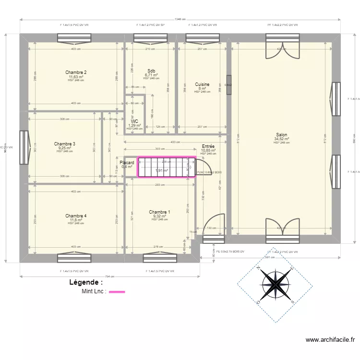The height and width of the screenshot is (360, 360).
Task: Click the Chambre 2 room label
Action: [76, 72]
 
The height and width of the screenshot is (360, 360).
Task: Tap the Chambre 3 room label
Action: [64, 144]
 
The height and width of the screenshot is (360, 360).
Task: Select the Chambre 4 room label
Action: [76, 216]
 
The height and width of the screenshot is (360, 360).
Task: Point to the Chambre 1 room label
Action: [159, 212]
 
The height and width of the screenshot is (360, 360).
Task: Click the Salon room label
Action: [282, 135]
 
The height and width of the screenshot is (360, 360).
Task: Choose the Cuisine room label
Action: [202, 84]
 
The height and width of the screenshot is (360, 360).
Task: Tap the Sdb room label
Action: [151, 71]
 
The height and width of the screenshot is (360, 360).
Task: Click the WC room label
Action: [134, 121]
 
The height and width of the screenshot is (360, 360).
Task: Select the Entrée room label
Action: [208, 146]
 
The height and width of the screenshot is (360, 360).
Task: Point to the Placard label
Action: [127, 163]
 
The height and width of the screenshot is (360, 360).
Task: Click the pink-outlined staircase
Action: [167, 168]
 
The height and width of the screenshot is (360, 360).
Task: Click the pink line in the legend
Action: [117, 291]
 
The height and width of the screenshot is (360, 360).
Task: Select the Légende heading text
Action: [86, 283]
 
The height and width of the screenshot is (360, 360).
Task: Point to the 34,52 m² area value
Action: [282, 139]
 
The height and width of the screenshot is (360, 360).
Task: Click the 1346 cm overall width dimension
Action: [180, 20]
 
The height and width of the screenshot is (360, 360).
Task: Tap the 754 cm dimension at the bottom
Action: [110, 276]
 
